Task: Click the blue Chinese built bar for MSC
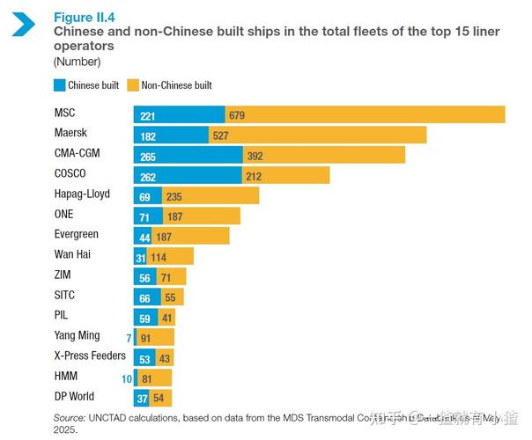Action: point(180,114)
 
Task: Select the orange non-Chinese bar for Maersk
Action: point(317,135)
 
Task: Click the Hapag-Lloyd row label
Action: point(82,194)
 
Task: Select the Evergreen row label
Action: point(77,235)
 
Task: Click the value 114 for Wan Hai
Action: point(159,256)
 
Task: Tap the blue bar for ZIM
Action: point(147,276)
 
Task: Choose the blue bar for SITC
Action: point(147,297)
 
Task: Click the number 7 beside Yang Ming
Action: point(128,337)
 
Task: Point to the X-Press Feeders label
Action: point(90,356)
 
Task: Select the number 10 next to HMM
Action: point(127,378)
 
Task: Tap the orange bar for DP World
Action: point(162,398)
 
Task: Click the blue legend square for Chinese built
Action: point(60,85)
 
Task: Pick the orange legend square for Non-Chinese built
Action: point(133,85)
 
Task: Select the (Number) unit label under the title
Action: point(77,61)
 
